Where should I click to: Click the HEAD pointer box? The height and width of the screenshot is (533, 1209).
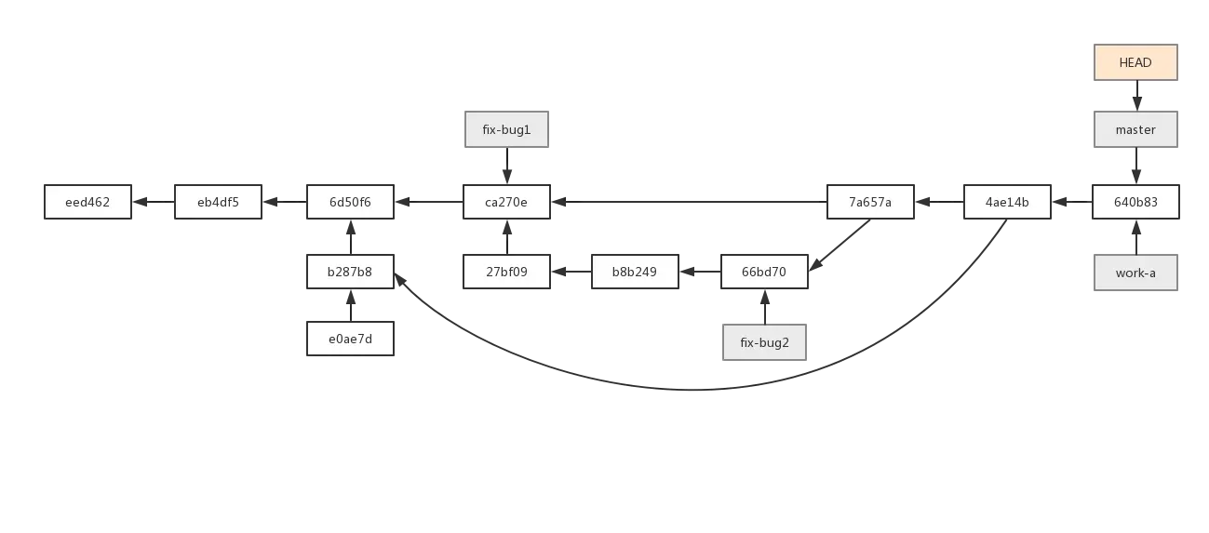pyautogui.click(x=1135, y=63)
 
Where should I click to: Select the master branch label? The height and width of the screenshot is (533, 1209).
pyautogui.click(x=1135, y=129)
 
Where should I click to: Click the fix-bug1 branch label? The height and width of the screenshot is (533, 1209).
pyautogui.click(x=506, y=129)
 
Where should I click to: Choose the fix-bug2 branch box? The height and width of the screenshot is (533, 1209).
pyautogui.click(x=765, y=342)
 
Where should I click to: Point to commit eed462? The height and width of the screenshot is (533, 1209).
pyautogui.click(x=88, y=202)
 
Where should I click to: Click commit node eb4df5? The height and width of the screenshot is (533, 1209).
pyautogui.click(x=218, y=202)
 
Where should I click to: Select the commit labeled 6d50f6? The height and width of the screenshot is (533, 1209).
pyautogui.click(x=350, y=202)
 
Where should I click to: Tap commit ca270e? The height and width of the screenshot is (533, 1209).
pyautogui.click(x=506, y=202)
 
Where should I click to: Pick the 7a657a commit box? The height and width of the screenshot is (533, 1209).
pyautogui.click(x=871, y=202)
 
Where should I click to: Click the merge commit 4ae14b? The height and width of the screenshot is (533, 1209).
pyautogui.click(x=1007, y=202)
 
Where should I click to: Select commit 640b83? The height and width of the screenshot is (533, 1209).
pyautogui.click(x=1135, y=202)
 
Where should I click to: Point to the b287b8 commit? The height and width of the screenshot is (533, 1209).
pyautogui.click(x=350, y=273)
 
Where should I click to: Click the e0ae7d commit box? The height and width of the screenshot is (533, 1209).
pyautogui.click(x=350, y=340)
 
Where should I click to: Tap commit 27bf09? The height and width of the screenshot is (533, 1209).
pyautogui.click(x=506, y=273)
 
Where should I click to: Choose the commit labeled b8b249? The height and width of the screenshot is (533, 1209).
pyautogui.click(x=634, y=273)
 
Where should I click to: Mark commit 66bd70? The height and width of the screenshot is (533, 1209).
pyautogui.click(x=764, y=273)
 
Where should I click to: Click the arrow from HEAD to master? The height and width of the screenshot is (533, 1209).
pyautogui.click(x=1135, y=94)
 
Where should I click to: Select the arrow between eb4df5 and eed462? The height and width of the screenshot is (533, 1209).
pyautogui.click(x=153, y=202)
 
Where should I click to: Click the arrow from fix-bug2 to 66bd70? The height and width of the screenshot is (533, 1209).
pyautogui.click(x=764, y=306)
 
